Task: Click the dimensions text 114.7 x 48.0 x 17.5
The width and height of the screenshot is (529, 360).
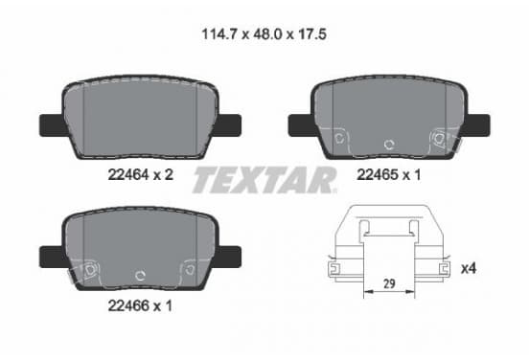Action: [264, 34]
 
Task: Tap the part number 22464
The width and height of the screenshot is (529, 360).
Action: [128, 174]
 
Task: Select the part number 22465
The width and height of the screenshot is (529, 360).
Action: [378, 174]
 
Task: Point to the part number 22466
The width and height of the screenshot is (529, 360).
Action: [128, 305]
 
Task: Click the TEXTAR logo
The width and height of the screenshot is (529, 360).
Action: [264, 180]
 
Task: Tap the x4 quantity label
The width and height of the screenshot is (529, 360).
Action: [469, 269]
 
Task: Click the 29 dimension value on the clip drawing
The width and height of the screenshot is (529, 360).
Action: [389, 283]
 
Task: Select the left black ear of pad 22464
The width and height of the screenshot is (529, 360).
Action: [54, 125]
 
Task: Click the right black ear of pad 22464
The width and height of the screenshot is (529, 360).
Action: [228, 125]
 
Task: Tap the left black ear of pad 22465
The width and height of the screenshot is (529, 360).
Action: [302, 125]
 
